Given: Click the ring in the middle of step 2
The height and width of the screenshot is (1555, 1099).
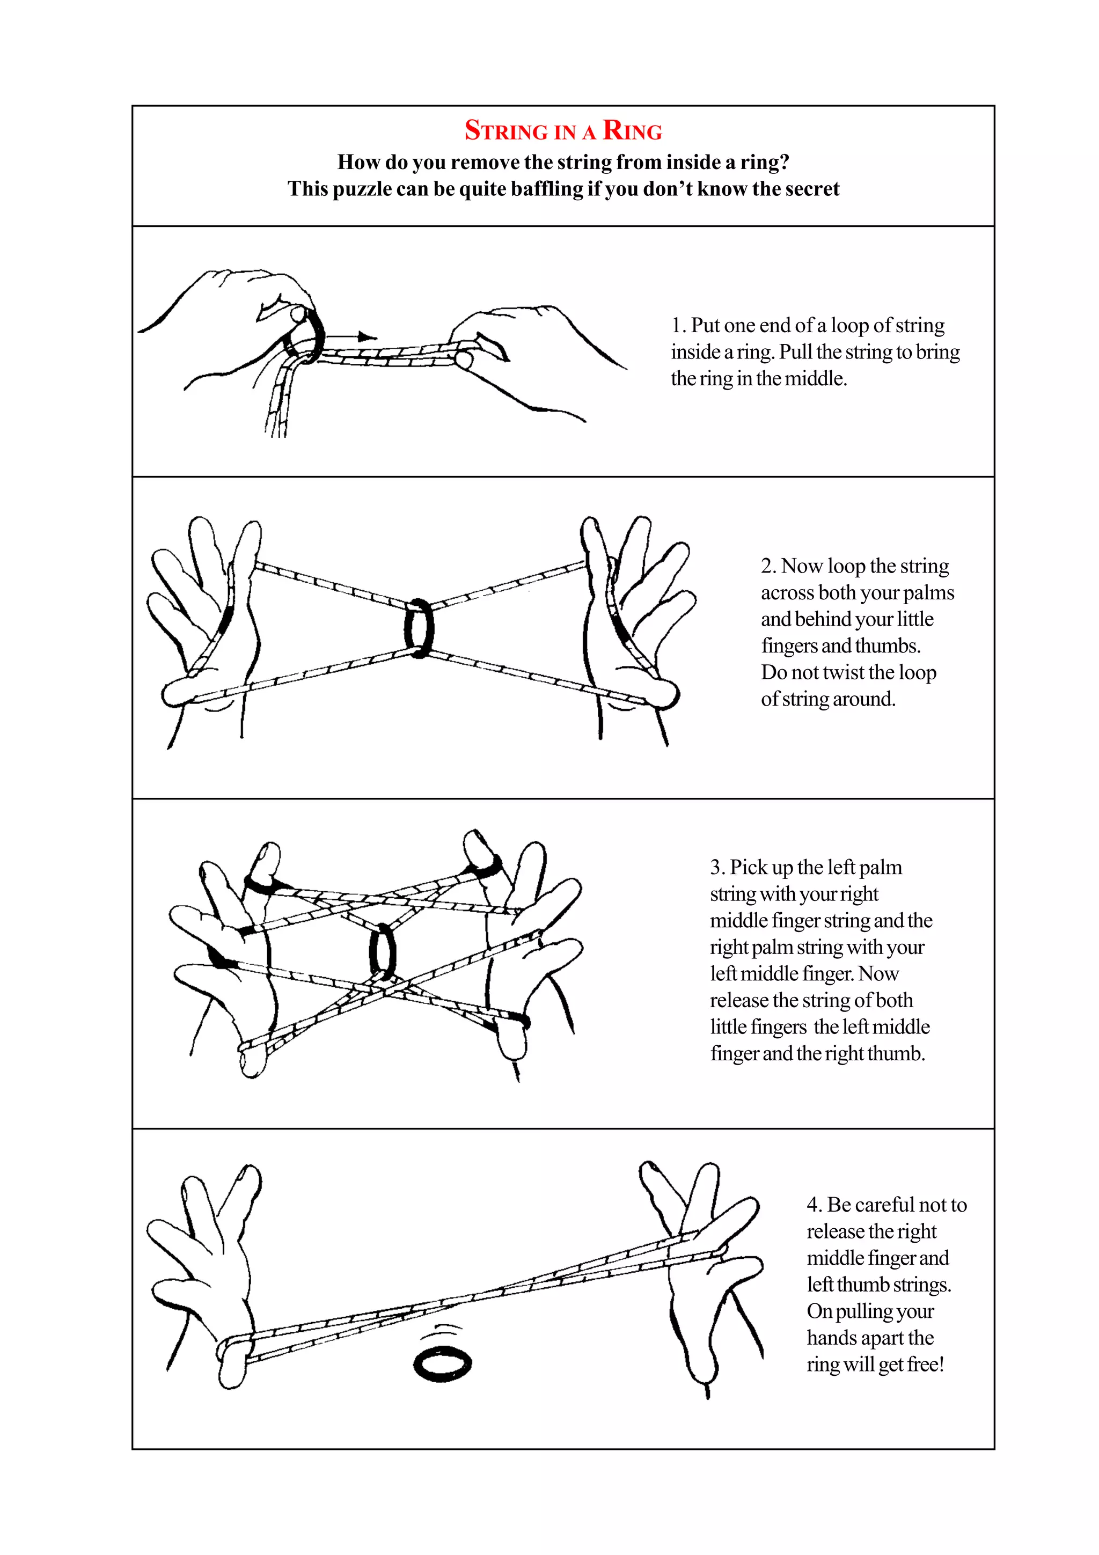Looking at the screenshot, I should coord(419,628).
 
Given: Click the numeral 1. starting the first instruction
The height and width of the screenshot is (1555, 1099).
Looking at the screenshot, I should coord(678,326).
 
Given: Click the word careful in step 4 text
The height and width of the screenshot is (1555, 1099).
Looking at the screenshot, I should coord(884,1205).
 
